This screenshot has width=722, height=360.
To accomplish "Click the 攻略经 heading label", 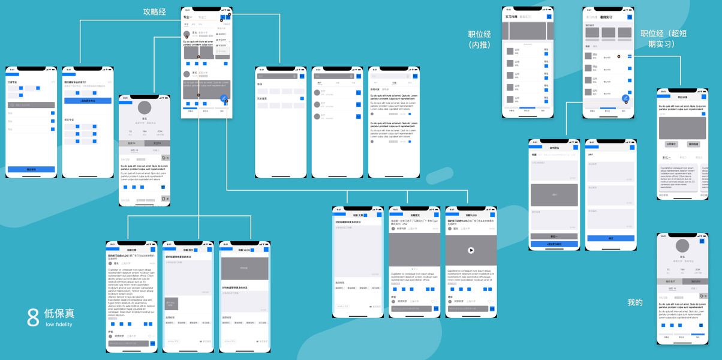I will pos(154,11).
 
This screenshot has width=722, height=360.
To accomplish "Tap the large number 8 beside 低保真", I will pos(33,317).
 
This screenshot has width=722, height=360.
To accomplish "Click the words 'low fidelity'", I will pos(59,325).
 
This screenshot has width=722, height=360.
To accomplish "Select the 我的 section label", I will pos(635,302).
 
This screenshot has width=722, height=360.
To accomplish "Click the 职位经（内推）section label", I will pos(479,39).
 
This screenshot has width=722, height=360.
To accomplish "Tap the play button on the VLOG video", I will pos(471,250).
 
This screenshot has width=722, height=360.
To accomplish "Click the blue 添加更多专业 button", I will pos(88,101).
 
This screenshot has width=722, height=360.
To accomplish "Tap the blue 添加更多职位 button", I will pos(553,244).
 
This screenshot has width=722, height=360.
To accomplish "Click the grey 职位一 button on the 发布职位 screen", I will pos(553,236).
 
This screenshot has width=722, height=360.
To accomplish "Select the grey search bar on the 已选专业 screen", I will pos(31,105).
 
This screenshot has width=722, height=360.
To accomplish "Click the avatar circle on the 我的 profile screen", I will pos(682,245).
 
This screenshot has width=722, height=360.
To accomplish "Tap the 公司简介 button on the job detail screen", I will pos(672,144).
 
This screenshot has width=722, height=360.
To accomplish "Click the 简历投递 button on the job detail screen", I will pos(693,144).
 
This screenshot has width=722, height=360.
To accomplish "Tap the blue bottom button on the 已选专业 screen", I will pos(31,169).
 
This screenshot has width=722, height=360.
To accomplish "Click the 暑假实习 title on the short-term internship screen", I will pos(606,17).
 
